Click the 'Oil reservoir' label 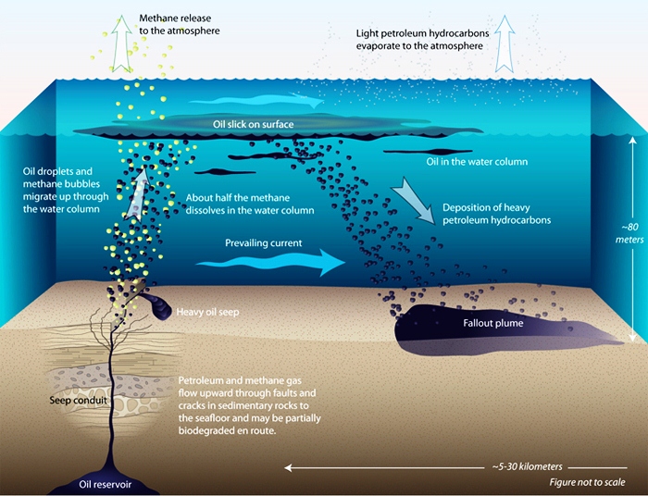point(105,484)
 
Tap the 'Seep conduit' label point(78,400)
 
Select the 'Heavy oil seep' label point(208,312)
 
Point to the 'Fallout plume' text point(493,323)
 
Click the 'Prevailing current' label point(264,242)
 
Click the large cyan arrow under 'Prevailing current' point(270,262)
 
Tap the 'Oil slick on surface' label point(254,124)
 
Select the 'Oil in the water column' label point(477,162)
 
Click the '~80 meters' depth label point(629,233)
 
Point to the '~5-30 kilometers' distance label point(528,466)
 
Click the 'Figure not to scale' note point(587,482)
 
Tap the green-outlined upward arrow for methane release point(121,43)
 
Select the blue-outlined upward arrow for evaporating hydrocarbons point(505,43)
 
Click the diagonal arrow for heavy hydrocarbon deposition point(413,200)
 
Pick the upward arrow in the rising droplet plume point(138,192)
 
